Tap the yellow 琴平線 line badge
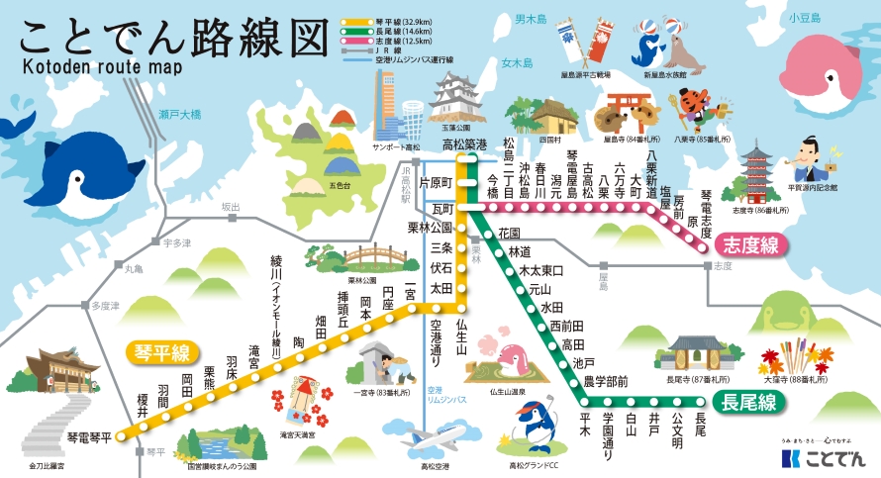(x=162, y=350)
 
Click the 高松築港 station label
(x=464, y=144)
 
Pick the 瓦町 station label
(x=442, y=210)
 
